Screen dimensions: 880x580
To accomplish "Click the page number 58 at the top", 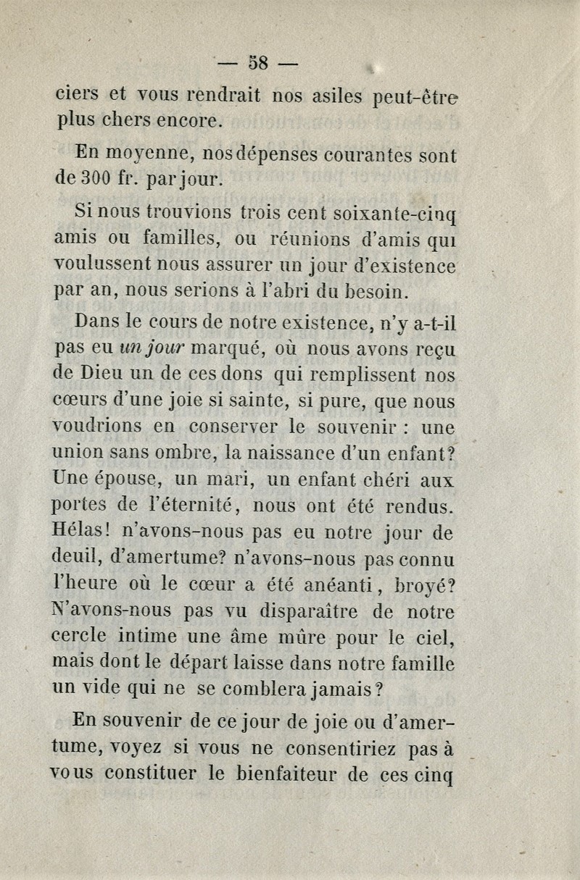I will pyautogui.click(x=258, y=61).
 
